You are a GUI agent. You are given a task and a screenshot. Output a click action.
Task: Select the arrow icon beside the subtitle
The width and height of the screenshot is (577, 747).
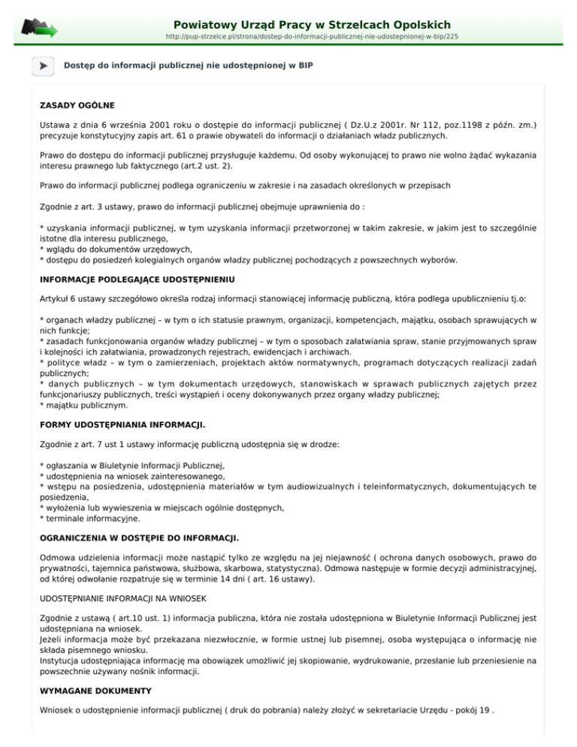point(44,66)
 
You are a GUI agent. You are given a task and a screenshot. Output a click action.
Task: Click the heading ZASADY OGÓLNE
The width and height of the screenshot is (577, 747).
point(77,104)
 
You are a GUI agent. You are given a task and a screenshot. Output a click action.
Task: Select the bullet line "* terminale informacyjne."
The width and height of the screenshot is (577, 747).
point(89,518)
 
